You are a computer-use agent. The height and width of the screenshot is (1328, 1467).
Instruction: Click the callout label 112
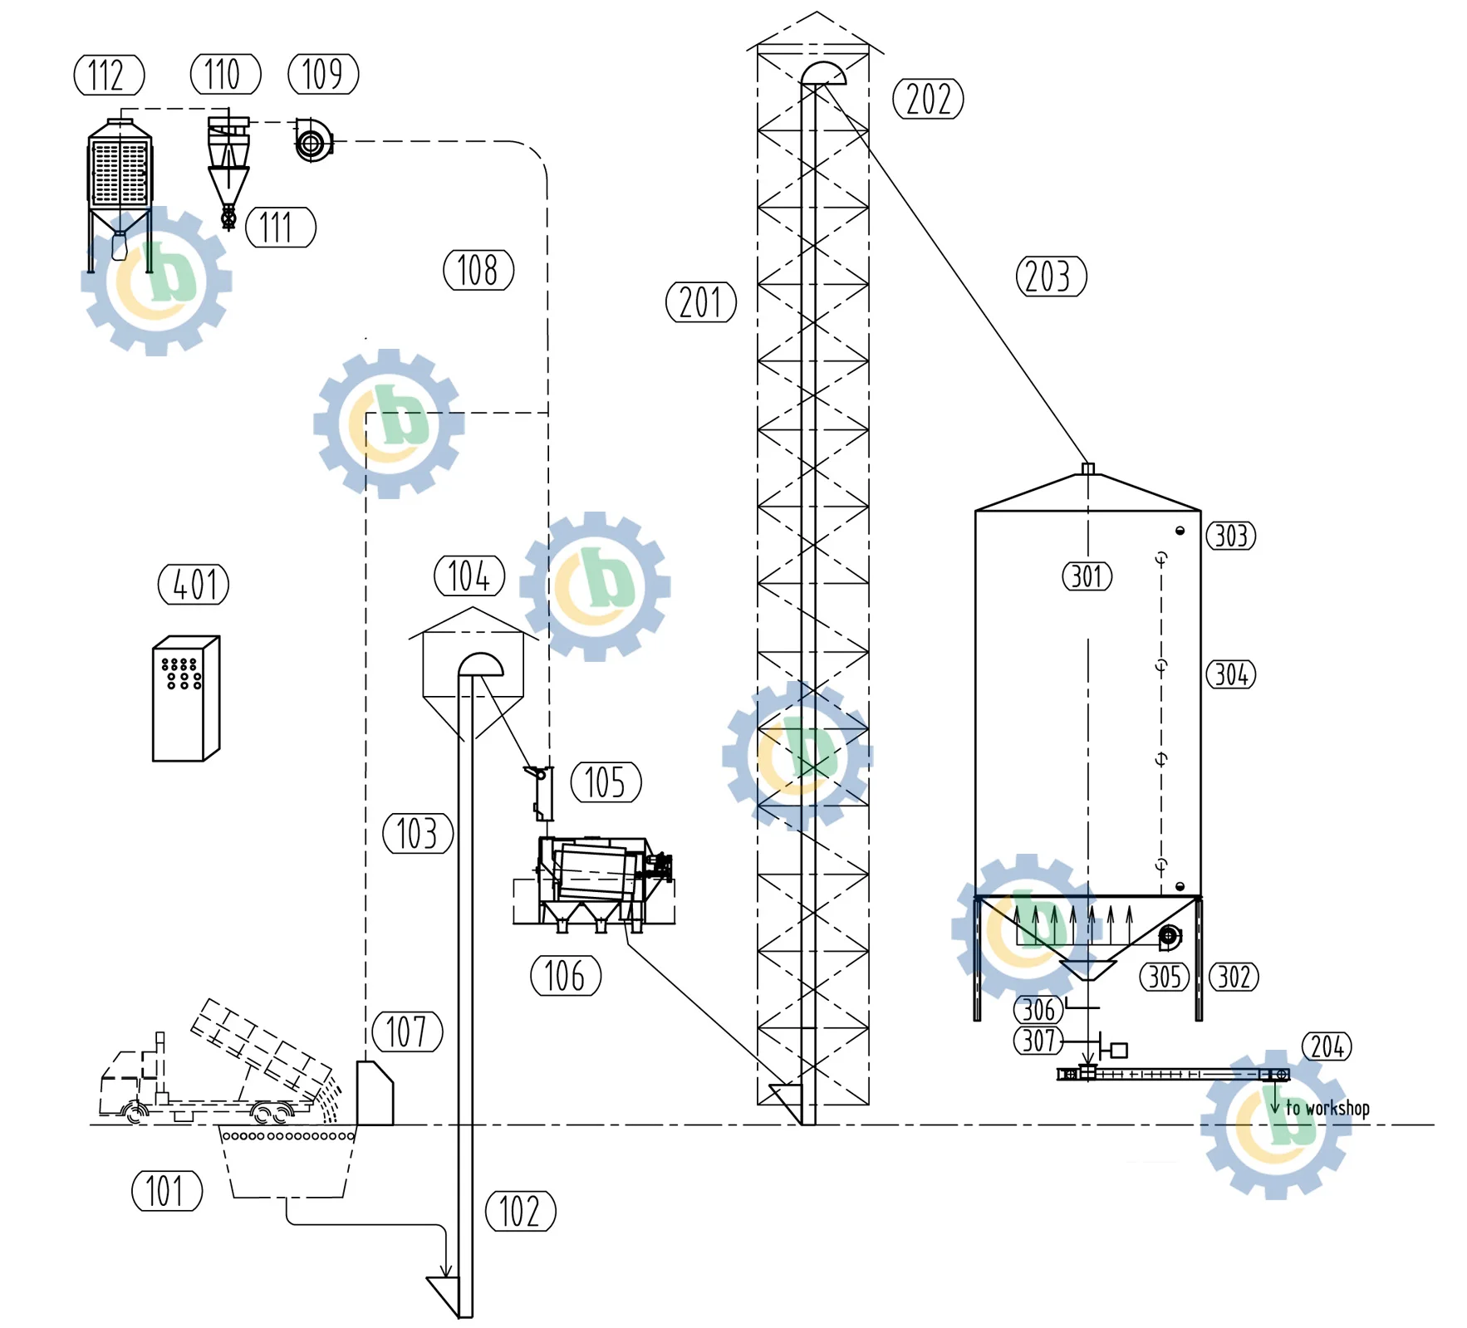(109, 76)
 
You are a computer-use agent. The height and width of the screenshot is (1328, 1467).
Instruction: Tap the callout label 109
(323, 74)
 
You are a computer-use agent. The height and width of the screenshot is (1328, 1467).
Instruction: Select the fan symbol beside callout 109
(313, 141)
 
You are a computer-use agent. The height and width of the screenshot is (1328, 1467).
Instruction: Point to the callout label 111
(281, 228)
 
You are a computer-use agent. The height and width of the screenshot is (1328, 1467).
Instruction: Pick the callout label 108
(478, 270)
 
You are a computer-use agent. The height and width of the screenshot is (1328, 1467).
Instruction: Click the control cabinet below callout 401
(186, 698)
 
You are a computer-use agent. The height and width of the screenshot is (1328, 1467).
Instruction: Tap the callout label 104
(469, 576)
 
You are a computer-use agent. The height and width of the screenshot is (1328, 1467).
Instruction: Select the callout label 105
(606, 782)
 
